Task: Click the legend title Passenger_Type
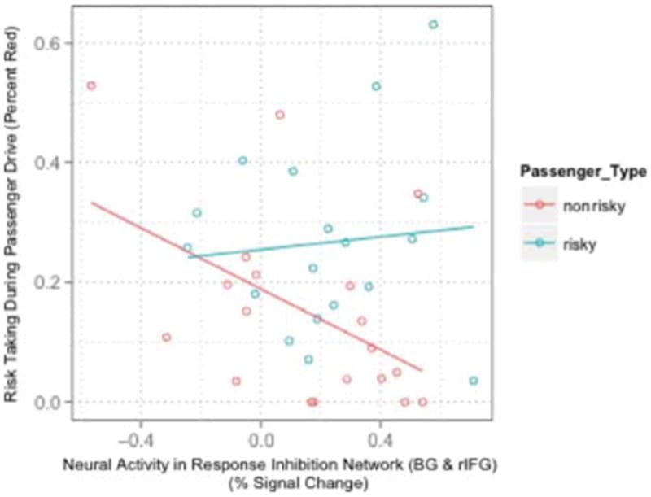[584, 172]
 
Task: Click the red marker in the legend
[539, 207]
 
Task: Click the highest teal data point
[434, 24]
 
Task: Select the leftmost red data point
[91, 85]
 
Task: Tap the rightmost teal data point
[474, 381]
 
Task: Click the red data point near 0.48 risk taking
[280, 115]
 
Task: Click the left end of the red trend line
[91, 203]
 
